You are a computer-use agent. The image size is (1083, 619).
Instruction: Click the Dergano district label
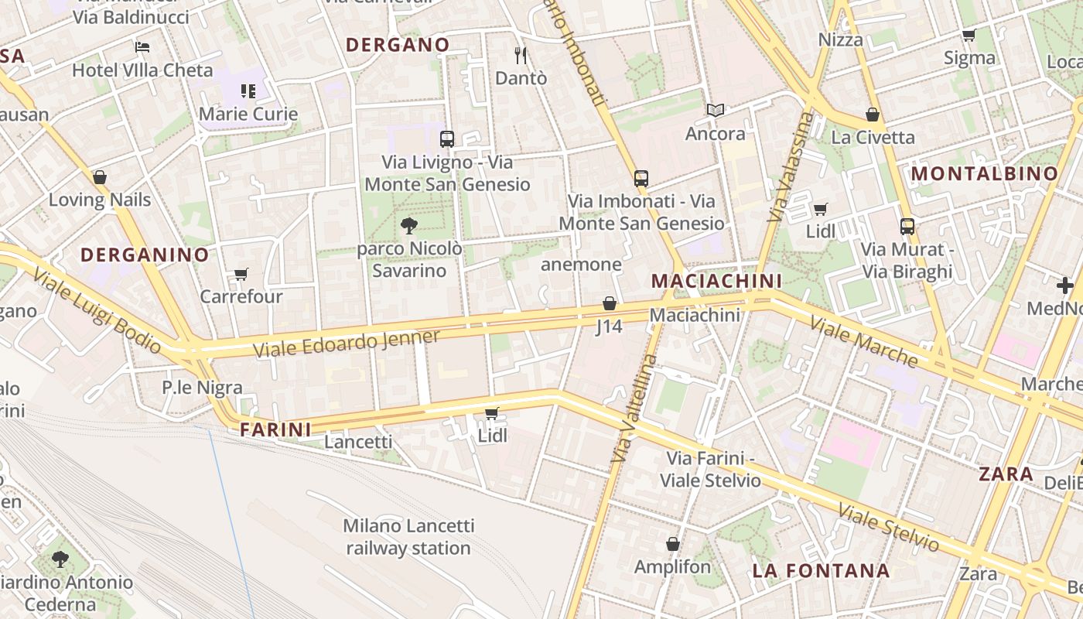point(398,45)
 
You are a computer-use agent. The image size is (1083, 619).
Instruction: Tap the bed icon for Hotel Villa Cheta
point(142,47)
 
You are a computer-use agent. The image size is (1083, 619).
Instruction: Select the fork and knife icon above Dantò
point(521,55)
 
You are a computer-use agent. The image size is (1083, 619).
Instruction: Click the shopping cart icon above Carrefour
point(241,275)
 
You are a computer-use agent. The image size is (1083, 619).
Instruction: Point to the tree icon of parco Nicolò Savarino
point(409,226)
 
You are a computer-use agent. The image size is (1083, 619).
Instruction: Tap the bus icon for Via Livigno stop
point(447,139)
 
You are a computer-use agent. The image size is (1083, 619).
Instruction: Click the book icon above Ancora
point(716,111)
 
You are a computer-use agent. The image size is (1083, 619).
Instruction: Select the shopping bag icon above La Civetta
point(873,115)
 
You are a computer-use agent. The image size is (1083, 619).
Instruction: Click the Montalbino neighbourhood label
point(985,174)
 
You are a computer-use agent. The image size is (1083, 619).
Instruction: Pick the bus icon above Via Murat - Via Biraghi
point(907,227)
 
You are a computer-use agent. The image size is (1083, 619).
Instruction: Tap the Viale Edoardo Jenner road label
point(347,344)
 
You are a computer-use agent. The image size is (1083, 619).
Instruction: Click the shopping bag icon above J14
point(610,303)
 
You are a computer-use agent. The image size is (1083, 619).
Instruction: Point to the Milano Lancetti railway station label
point(408,537)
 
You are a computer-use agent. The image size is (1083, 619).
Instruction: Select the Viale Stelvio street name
point(889,528)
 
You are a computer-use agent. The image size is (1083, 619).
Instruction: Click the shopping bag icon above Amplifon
point(672,544)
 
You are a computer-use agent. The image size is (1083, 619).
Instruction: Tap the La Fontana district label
point(821,571)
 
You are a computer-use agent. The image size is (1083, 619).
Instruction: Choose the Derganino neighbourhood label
point(145,255)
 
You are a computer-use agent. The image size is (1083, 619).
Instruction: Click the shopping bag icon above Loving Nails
point(100,177)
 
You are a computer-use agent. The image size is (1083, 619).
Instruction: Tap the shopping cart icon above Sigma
point(969,35)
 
